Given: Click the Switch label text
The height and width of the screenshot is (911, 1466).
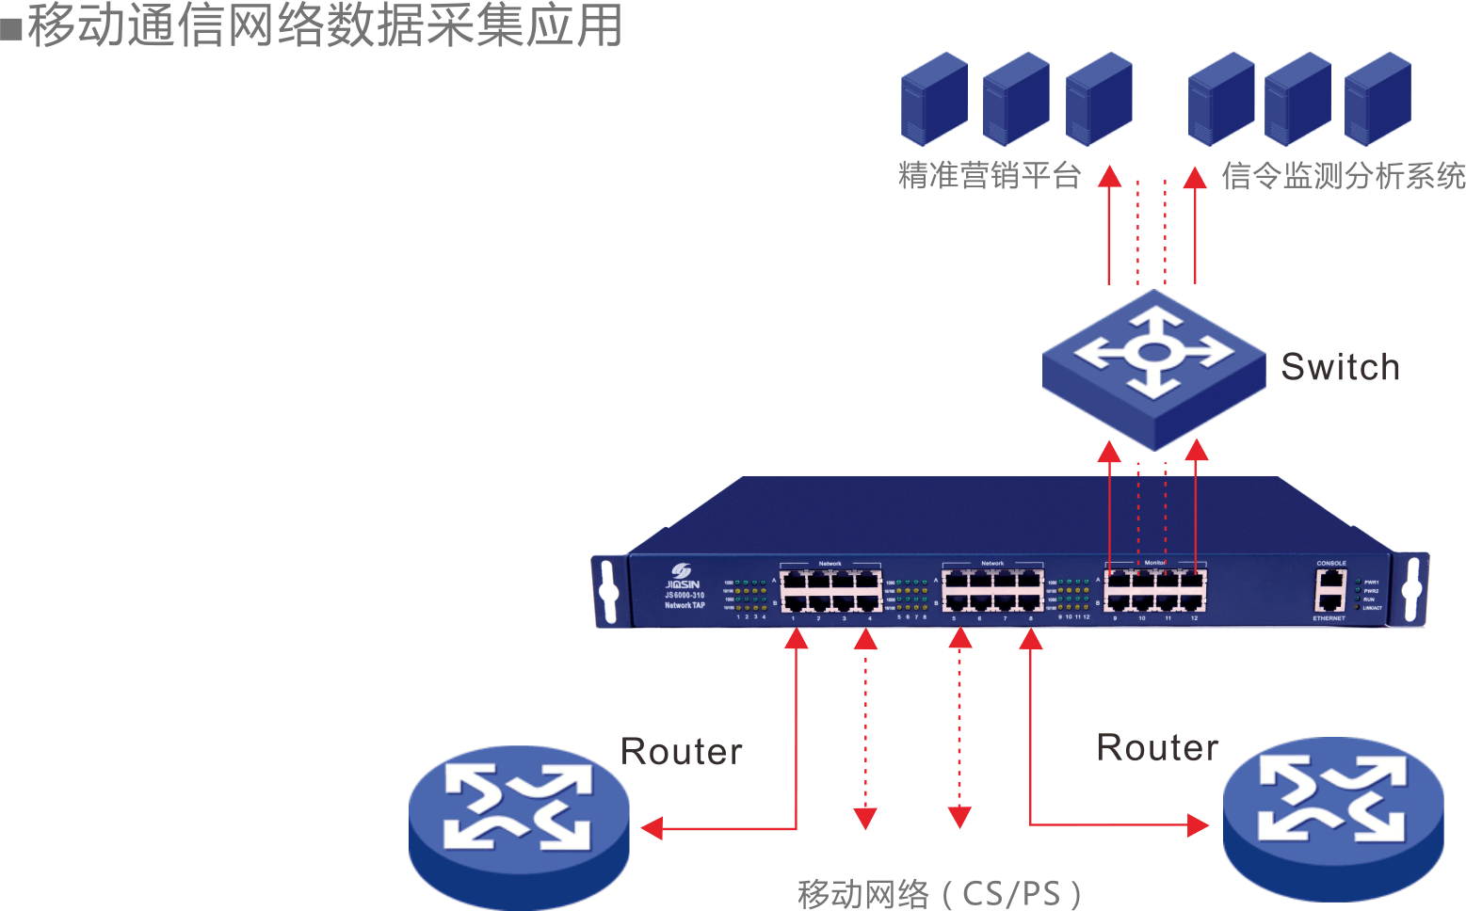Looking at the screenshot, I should (1340, 367).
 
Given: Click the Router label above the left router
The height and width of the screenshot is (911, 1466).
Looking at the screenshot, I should (682, 752).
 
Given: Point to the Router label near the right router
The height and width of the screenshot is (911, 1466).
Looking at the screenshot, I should (1157, 748).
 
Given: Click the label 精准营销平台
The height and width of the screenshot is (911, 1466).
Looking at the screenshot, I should (990, 176).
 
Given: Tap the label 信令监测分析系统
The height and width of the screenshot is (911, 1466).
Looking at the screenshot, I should (1343, 176).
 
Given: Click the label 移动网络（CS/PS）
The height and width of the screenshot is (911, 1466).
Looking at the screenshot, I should (939, 892).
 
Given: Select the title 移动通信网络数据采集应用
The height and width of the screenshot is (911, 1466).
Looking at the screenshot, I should (325, 25).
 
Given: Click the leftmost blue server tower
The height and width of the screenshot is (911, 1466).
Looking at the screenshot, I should (934, 99).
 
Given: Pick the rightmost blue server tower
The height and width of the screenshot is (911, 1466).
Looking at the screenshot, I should (1377, 99).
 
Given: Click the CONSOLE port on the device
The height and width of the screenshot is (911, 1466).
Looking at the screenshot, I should (1330, 578).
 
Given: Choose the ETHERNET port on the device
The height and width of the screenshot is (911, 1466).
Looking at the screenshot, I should (1330, 601).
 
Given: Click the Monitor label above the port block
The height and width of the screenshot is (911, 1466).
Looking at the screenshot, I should (1154, 563).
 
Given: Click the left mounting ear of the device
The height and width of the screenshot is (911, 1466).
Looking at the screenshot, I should (608, 591).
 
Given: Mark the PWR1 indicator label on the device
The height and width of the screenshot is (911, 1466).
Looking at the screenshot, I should (1371, 583).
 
